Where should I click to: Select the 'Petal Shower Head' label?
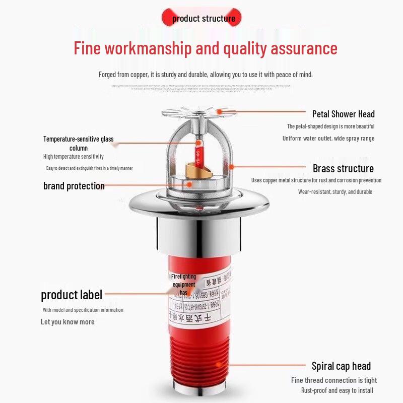click(x=343, y=114)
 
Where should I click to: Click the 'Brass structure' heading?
click(x=343, y=168)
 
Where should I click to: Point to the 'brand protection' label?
click(x=74, y=186)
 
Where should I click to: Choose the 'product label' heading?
click(x=71, y=295)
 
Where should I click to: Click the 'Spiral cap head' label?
click(x=341, y=366)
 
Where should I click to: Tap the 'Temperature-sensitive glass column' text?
click(x=78, y=143)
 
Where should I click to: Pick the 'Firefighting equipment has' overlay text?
click(x=183, y=285)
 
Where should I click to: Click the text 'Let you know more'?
click(x=68, y=322)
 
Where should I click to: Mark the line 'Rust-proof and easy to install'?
click(x=337, y=390)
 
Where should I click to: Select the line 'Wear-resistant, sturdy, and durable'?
click(x=335, y=192)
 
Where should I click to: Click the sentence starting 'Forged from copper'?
click(x=206, y=75)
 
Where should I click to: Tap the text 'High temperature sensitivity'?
click(x=73, y=157)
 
